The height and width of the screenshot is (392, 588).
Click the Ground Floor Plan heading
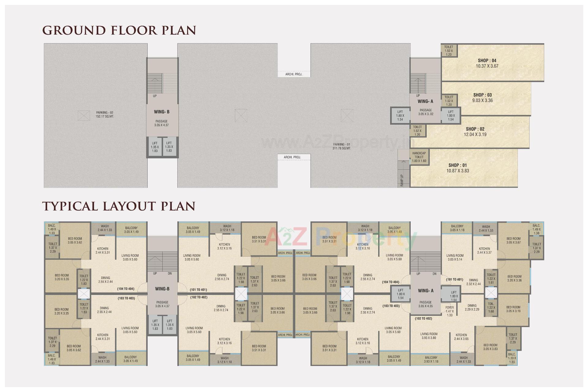119,30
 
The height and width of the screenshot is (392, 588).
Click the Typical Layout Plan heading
119,206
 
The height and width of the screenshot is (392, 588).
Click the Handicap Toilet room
419,157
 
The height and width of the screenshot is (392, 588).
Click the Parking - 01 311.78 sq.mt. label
341,146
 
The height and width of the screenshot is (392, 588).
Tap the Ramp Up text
402,180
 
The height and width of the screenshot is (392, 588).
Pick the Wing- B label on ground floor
162,112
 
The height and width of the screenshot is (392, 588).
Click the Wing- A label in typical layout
426,291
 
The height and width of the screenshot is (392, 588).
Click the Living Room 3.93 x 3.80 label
429,336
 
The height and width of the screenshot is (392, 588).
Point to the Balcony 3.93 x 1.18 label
431,360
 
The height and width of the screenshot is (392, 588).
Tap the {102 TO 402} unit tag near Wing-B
198,297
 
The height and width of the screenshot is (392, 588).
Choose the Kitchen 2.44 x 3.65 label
461,337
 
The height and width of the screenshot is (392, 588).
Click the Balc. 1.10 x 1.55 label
512,358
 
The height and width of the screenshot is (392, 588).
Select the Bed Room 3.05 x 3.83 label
490,347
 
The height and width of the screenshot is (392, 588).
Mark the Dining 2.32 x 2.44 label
473,282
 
